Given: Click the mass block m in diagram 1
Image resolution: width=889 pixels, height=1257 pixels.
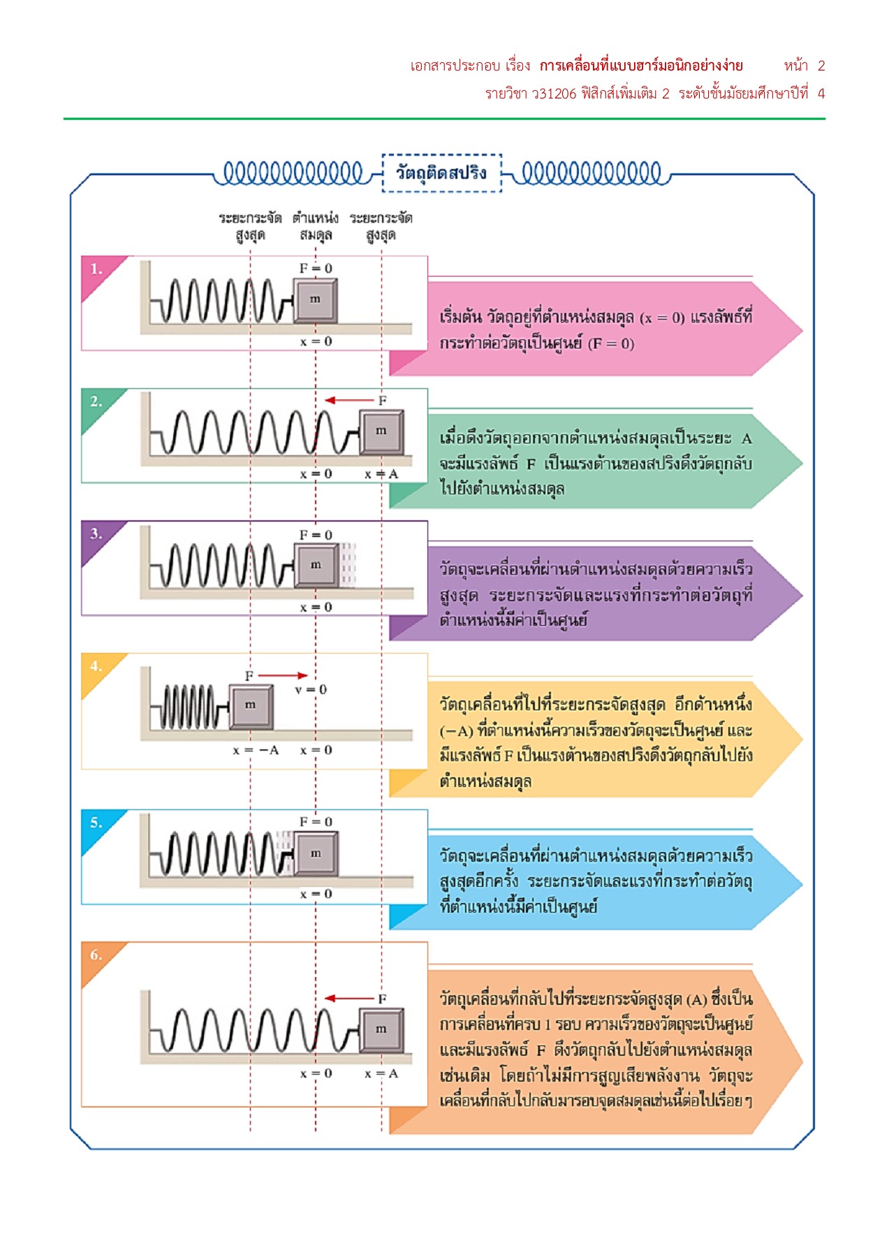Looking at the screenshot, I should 316,300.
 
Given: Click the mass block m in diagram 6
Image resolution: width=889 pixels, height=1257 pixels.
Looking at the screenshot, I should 381,1029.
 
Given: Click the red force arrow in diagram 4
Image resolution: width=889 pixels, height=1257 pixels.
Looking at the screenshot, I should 282,675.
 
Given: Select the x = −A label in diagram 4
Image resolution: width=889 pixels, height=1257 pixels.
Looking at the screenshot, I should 256,750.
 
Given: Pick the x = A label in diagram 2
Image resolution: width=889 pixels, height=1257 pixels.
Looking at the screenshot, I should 381,474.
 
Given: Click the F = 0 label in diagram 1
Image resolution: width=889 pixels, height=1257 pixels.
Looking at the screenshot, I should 316,268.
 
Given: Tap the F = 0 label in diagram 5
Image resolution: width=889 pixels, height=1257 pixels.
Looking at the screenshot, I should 316,822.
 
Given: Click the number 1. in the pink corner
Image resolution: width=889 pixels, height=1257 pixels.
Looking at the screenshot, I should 96,269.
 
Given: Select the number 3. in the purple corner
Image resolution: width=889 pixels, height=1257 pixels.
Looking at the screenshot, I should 96,534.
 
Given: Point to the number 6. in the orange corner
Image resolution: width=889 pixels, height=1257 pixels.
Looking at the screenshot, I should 96,955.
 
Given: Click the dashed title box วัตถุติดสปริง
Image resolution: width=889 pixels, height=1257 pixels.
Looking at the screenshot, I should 441,172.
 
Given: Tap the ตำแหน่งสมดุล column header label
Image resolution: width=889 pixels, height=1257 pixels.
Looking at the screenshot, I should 316,226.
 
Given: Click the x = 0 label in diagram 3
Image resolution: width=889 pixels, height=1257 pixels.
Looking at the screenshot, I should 316,608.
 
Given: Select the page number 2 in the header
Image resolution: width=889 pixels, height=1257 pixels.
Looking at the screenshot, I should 821,66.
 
